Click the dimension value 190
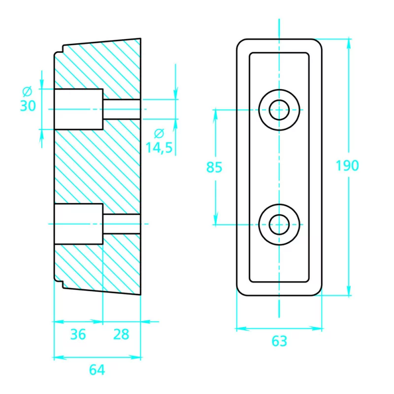(x=347, y=165)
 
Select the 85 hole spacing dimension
(x=214, y=167)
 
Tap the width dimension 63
(x=279, y=341)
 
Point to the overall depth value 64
(x=97, y=370)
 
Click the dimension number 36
(x=77, y=334)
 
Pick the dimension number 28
(x=121, y=334)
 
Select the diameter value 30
(x=28, y=105)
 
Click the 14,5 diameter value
(x=159, y=147)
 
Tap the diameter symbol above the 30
(x=28, y=91)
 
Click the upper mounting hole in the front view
(x=280, y=109)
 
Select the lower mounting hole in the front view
(x=280, y=224)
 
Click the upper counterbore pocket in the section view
(x=78, y=109)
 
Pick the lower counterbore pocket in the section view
(x=78, y=224)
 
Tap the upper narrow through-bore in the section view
(x=122, y=109)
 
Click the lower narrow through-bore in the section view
(x=122, y=224)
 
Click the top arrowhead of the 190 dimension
(x=349, y=43)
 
